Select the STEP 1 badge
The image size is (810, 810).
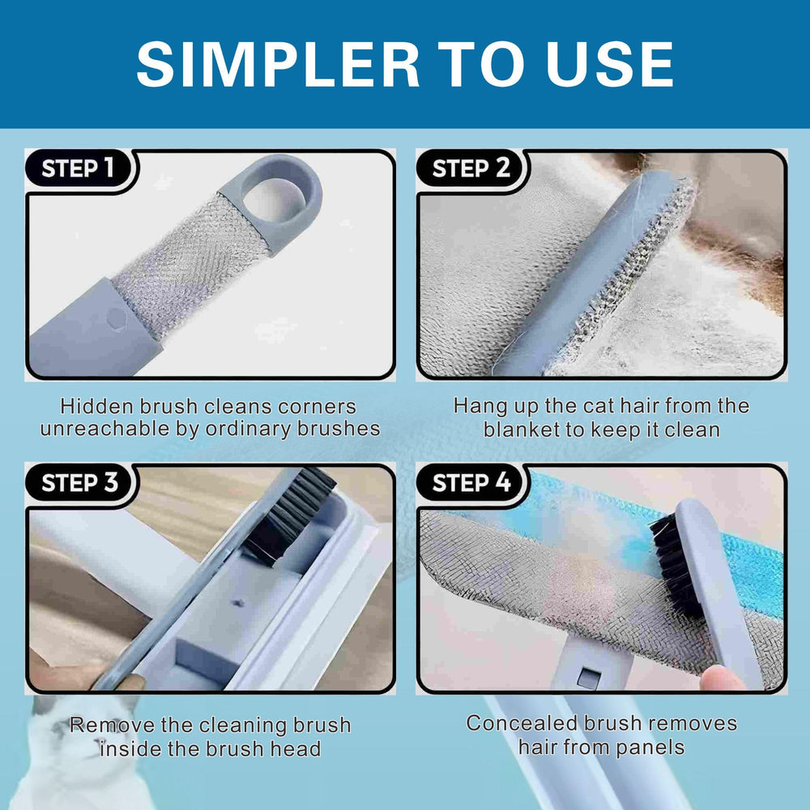click(78, 168)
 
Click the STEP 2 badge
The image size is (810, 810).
click(471, 168)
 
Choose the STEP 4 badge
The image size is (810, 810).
click(471, 483)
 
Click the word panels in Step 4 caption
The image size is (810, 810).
click(642, 746)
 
